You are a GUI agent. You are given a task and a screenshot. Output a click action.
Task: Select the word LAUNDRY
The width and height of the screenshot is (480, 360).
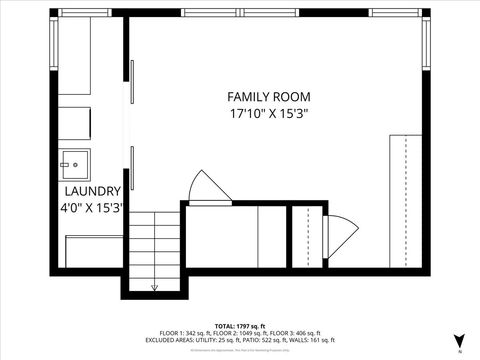[x=92, y=191]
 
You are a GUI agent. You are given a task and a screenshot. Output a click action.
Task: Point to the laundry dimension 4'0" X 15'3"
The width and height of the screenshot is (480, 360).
[x=91, y=208]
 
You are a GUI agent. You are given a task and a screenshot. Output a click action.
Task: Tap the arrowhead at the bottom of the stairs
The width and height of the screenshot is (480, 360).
[x=154, y=288]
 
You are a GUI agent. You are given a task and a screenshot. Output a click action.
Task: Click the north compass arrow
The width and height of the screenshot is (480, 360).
[x=458, y=341]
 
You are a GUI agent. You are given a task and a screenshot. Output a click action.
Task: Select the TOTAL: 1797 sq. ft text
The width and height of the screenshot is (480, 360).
[x=240, y=326]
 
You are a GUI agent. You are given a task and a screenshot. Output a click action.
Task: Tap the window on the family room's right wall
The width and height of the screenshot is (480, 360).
[x=427, y=50]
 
